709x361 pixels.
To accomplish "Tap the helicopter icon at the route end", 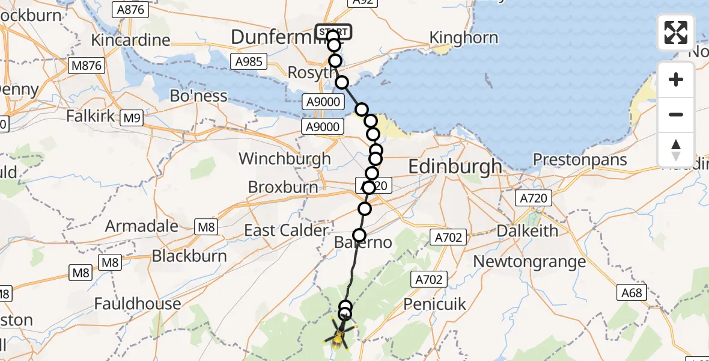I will pyautogui.click(x=338, y=341).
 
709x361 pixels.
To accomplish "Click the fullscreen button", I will pyautogui.click(x=676, y=32).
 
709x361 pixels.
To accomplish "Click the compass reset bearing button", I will pyautogui.click(x=676, y=149).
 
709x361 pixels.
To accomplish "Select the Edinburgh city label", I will pyautogui.click(x=455, y=166).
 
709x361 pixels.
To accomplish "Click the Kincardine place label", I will pyautogui.click(x=130, y=40).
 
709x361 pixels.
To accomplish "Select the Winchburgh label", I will pyautogui.click(x=285, y=159).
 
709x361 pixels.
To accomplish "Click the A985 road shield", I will pyautogui.click(x=248, y=61).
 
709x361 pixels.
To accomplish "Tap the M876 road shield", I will pyautogui.click(x=87, y=66).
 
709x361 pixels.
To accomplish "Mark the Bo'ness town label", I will pyautogui.click(x=199, y=96).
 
